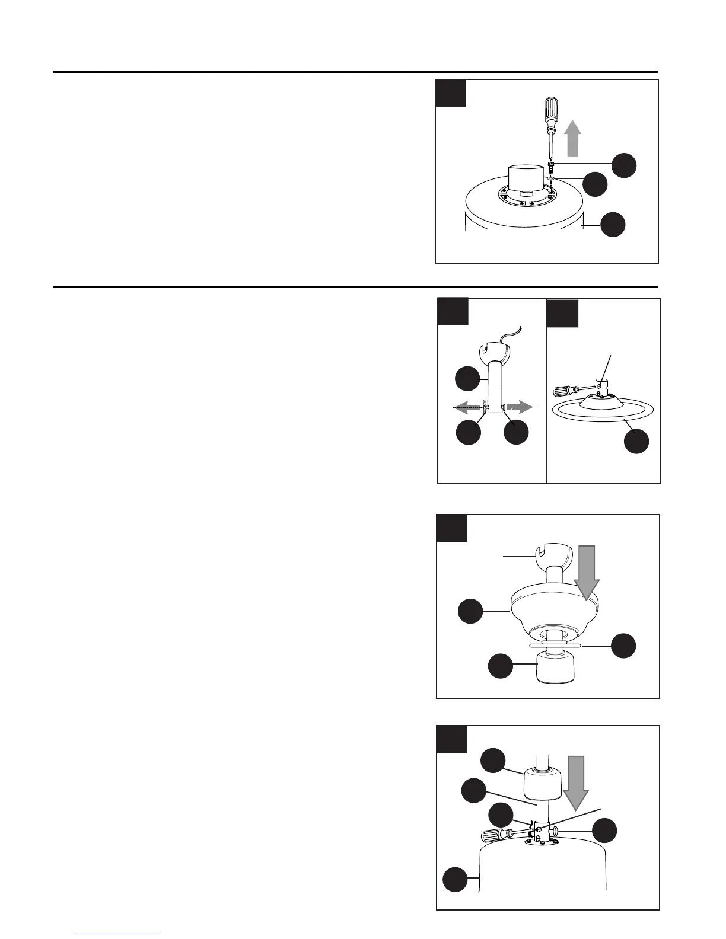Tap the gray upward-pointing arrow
(572, 137)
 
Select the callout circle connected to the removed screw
(625, 165)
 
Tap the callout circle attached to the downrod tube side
(467, 379)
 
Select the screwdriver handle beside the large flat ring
(564, 391)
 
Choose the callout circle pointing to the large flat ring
(636, 442)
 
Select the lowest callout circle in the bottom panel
(456, 879)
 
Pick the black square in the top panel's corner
(451, 93)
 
